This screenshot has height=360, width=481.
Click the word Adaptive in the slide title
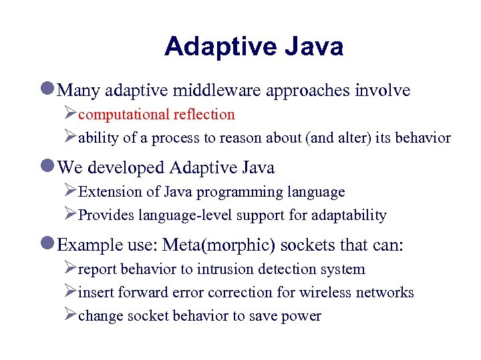click(220, 47)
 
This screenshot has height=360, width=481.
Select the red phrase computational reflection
click(156, 115)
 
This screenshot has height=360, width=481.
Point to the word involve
click(383, 91)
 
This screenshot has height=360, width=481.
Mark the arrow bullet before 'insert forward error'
click(70, 292)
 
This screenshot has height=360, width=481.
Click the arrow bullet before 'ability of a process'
click(70, 137)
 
